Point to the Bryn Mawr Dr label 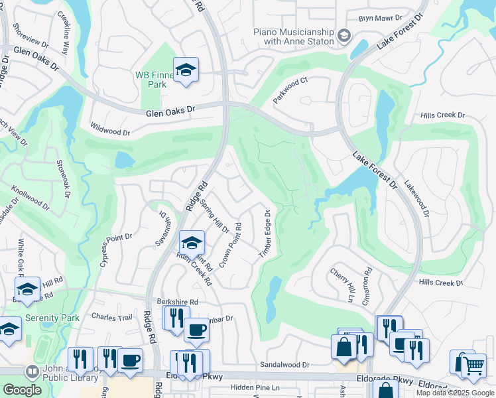tap(380, 19)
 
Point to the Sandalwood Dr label tap(285, 365)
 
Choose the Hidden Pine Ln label tap(255, 387)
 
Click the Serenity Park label tap(52, 318)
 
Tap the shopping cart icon tap(473, 365)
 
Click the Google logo tap(22, 390)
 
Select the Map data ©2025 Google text tap(455, 393)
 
